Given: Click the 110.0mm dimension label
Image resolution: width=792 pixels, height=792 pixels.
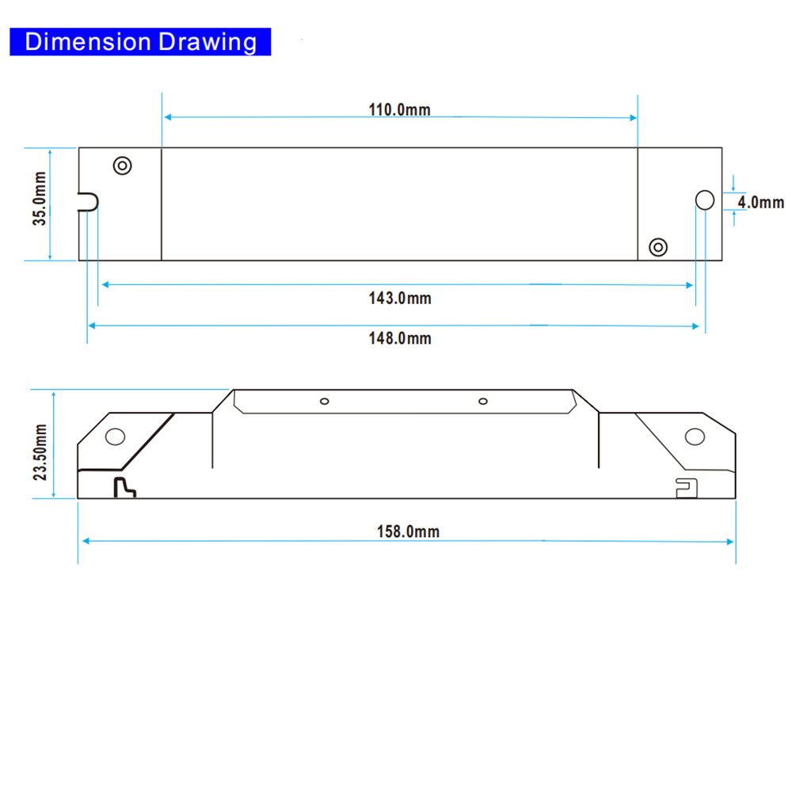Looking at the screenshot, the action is (399, 109).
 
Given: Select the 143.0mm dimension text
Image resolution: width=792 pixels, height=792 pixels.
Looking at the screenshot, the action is (400, 298).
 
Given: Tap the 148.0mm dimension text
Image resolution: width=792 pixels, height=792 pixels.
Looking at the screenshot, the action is (400, 338).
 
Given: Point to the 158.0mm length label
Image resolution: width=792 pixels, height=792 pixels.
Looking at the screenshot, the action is (408, 531).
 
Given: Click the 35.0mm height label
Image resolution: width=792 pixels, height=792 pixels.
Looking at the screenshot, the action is (40, 199).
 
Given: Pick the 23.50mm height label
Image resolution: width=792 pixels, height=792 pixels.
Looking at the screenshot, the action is (40, 452).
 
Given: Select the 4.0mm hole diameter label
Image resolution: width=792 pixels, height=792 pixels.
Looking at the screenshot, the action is (760, 203).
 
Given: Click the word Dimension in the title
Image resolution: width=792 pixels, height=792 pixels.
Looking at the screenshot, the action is (88, 41).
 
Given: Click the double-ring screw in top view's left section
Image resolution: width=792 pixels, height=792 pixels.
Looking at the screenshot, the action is (122, 166).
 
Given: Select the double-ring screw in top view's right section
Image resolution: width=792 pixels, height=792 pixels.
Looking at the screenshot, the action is (658, 247).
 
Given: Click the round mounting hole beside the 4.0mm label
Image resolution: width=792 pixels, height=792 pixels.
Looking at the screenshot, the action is (705, 200).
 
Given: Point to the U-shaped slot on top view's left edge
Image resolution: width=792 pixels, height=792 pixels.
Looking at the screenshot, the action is (88, 202).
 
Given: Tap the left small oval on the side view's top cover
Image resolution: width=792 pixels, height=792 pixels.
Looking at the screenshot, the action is (324, 401).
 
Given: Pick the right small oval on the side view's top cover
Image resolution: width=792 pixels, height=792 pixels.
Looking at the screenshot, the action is (483, 401).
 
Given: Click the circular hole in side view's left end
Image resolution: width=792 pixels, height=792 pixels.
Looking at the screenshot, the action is (115, 436).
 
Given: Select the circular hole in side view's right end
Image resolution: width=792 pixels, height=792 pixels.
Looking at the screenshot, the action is (695, 436).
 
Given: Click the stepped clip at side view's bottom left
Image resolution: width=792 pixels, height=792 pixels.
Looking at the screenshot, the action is (125, 487).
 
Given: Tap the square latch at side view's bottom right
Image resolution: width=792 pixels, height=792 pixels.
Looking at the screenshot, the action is (687, 488).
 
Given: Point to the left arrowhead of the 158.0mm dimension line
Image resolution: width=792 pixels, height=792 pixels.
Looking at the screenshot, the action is (86, 541).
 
